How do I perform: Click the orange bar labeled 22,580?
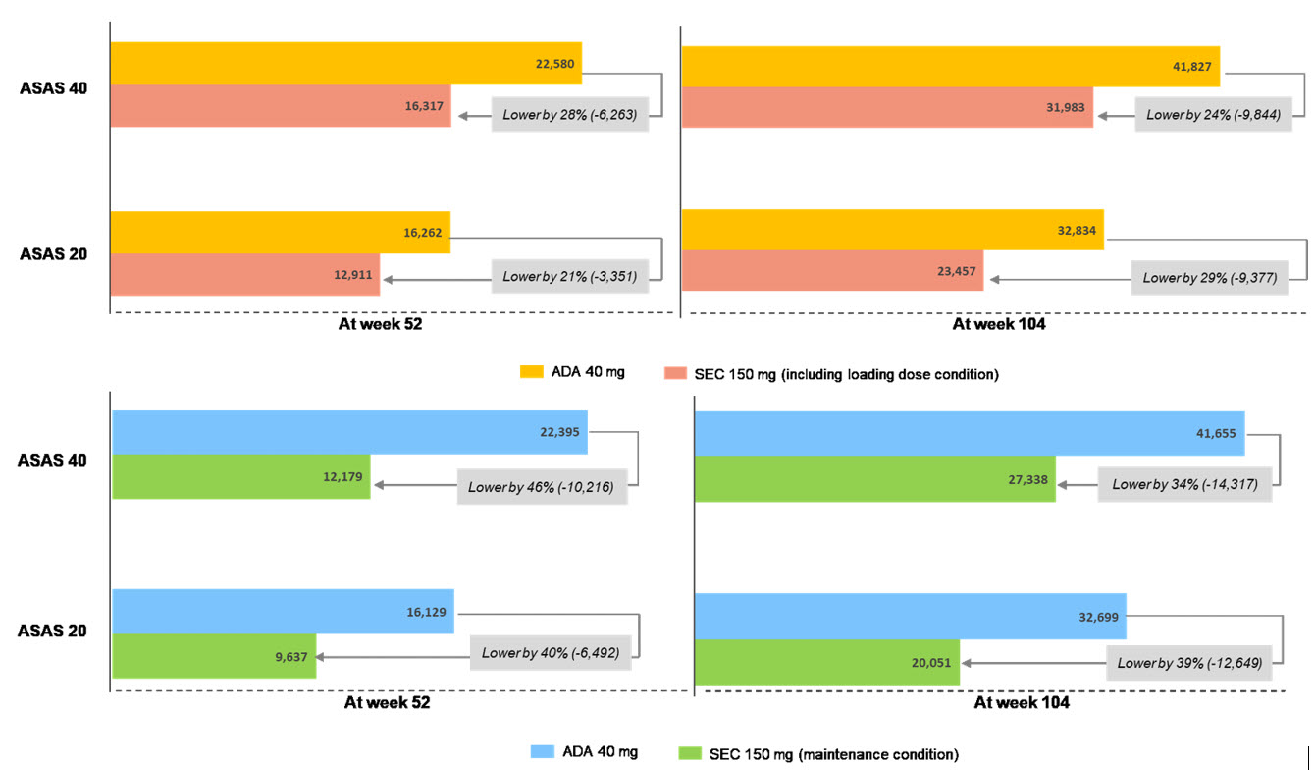pyautogui.click(x=345, y=64)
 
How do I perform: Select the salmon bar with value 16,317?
pyautogui.click(x=280, y=106)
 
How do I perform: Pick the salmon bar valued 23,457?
pyautogui.click(x=832, y=271)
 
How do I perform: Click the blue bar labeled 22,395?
pyautogui.click(x=349, y=432)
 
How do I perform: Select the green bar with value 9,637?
pyautogui.click(x=214, y=656)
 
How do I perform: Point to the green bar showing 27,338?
pyautogui.click(x=873, y=478)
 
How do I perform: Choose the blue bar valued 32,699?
pyautogui.click(x=909, y=617)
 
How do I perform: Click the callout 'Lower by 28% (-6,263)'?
pyautogui.click(x=569, y=115)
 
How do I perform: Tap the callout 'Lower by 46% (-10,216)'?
pyautogui.click(x=542, y=487)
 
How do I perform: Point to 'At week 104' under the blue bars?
pyautogui.click(x=1021, y=703)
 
